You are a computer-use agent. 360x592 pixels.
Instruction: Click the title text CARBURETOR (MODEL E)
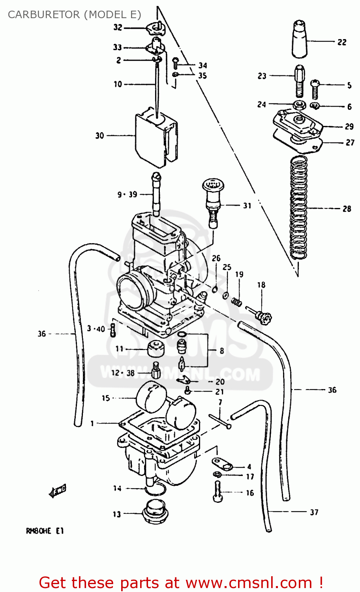pos(74,15)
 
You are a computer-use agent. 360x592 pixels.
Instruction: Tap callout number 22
pos(342,42)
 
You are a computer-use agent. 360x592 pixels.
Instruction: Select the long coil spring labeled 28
pos(298,207)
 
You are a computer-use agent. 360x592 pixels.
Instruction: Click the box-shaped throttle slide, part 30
pos(156,136)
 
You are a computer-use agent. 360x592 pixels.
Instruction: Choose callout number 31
pos(247,206)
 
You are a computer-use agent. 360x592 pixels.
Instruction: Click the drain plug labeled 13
pos(155,512)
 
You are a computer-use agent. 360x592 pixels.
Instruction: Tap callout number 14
pos(117,489)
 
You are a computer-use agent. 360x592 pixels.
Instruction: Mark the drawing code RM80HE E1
pos(45,531)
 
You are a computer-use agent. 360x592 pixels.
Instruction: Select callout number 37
pos(314,512)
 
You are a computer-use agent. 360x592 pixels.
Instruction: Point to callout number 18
pos(261,285)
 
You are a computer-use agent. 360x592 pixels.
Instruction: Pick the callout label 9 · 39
pos(127,195)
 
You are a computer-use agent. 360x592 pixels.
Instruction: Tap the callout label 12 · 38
pos(123,373)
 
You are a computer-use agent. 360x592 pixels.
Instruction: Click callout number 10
pos(118,84)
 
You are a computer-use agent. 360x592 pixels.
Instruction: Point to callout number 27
pos(350,142)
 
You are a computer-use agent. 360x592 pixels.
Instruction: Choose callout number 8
pos(222,351)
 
